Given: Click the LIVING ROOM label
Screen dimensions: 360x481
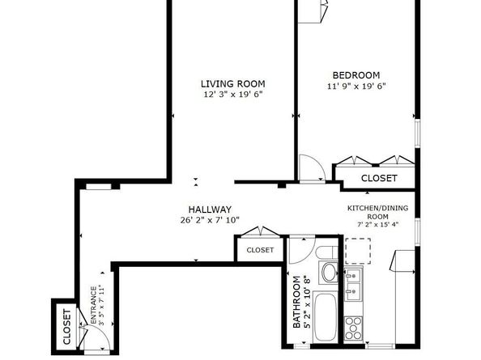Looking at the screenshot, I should coord(233,83).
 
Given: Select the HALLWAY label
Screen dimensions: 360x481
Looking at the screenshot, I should coord(210,209).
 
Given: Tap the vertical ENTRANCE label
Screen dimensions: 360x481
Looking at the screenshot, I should coord(94,305).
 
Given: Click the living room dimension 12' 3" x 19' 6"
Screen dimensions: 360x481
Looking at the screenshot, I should coord(233,95).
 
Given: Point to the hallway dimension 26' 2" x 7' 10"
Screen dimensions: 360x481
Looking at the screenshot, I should coord(210,220).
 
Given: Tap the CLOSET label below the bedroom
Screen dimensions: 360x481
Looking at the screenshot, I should coord(379,178).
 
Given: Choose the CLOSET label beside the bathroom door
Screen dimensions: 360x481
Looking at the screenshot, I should coord(260,251).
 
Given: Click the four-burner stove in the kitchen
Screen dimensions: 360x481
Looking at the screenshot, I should coord(354,328).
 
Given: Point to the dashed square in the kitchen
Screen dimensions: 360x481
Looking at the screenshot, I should coord(357,252).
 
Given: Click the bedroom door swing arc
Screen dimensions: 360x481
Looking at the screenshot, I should coord(313,167).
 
